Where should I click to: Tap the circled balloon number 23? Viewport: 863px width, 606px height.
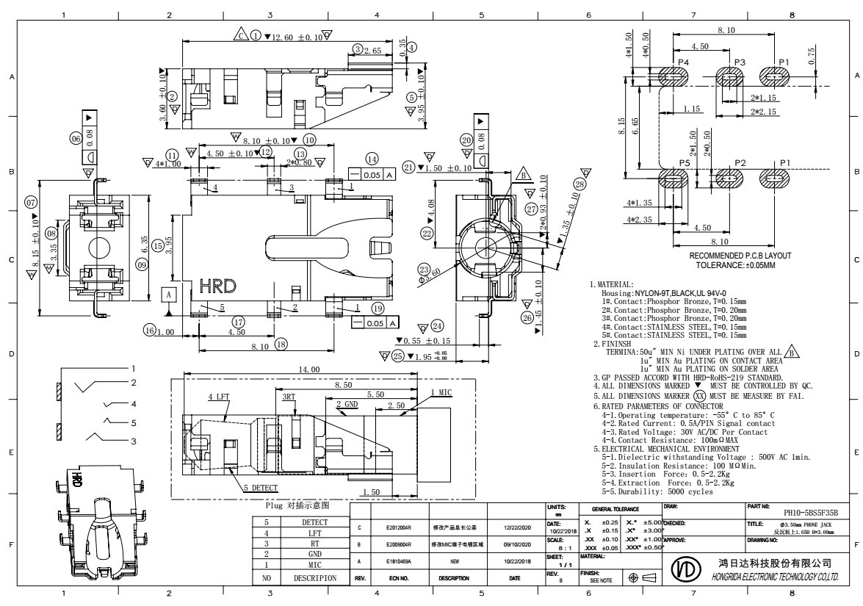pos(423,269)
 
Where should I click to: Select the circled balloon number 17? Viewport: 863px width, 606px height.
pos(238,322)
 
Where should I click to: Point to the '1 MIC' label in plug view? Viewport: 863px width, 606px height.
pos(442,392)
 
